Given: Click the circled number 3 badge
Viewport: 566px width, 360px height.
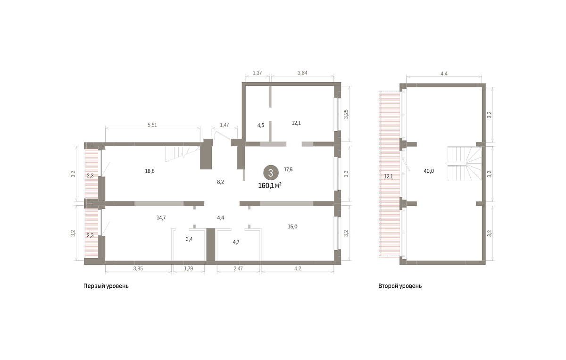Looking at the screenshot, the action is point(271,173).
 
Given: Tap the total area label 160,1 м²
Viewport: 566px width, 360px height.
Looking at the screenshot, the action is point(270,185).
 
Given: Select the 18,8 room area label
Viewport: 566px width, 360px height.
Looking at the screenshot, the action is point(150,171).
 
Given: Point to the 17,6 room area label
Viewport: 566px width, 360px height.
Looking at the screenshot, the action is point(288,169).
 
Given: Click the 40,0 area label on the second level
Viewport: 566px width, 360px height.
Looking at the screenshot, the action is point(429,171).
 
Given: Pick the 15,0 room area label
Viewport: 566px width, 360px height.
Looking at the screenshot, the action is point(292,226).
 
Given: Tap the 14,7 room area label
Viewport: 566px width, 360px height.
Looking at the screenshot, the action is point(161,218).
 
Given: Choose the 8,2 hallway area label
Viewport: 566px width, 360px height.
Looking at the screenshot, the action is point(220,182).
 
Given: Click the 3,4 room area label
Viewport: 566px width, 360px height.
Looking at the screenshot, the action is point(189,239).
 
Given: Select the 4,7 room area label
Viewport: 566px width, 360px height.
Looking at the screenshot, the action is point(236,242).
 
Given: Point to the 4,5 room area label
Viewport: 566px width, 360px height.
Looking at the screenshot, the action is point(261,125).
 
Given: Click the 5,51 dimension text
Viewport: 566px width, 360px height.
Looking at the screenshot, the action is point(152,125).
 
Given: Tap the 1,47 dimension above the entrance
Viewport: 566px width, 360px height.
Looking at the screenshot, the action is point(225,125).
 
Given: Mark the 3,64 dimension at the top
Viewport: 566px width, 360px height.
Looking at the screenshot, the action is point(302,73).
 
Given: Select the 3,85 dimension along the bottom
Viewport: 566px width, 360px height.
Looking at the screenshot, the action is point(138,268).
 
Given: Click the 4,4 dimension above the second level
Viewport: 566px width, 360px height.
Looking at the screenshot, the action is point(444,74).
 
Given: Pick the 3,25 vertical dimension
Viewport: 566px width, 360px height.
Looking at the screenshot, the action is point(346,114).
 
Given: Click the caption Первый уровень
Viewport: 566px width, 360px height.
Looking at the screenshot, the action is point(106,286).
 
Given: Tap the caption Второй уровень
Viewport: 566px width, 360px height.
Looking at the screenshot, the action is point(400,286).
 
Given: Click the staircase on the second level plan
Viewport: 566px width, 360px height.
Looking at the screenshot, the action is point(465,164).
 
